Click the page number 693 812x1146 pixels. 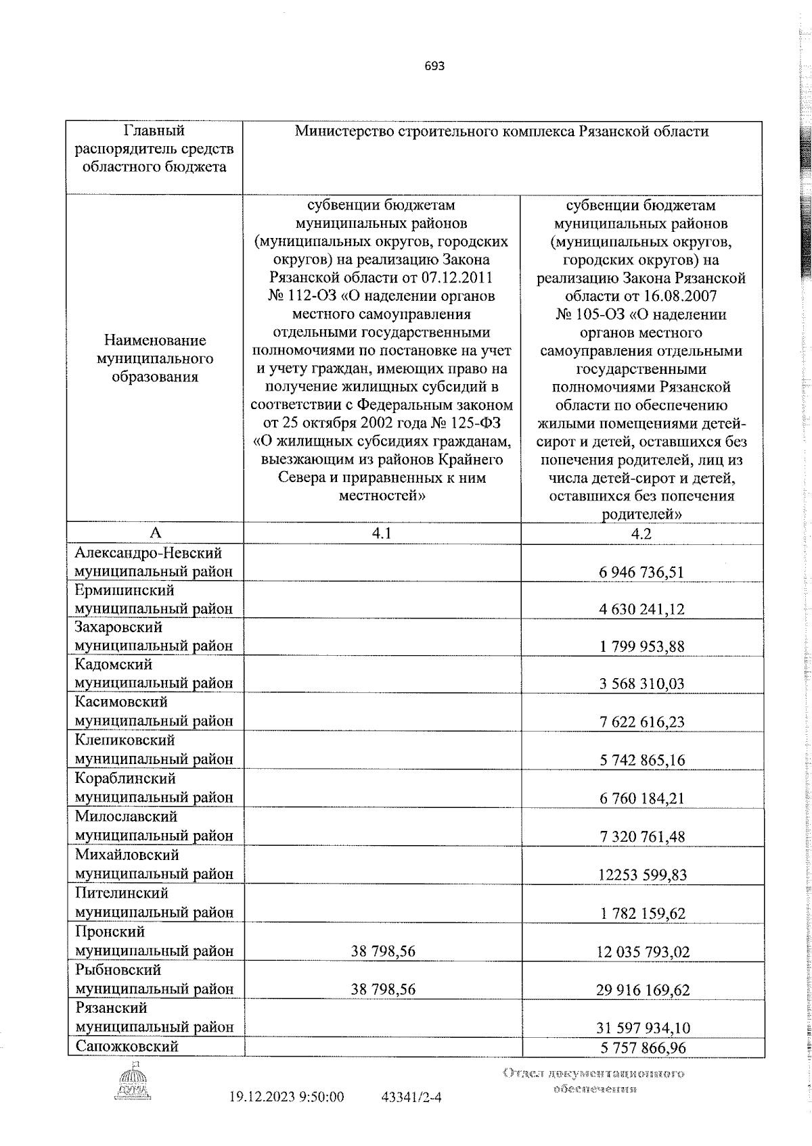pyautogui.click(x=434, y=66)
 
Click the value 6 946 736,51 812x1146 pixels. pyautogui.click(x=641, y=572)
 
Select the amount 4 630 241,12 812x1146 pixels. pyautogui.click(x=641, y=609)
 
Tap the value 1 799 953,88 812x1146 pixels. pyautogui.click(x=641, y=646)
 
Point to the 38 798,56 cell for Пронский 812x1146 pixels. pyautogui.click(x=383, y=951)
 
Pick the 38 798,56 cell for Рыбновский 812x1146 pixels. pyautogui.click(x=383, y=989)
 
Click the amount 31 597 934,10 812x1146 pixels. pyautogui.click(x=643, y=1028)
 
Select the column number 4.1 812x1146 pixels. pyautogui.click(x=382, y=533)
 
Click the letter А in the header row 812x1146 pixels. pyautogui.click(x=155, y=533)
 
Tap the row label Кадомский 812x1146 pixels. pyautogui.click(x=114, y=665)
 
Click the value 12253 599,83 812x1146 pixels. pyautogui.click(x=642, y=875)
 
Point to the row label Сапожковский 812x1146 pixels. pyautogui.click(x=127, y=1046)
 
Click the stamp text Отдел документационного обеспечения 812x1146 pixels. pyautogui.click(x=593, y=1080)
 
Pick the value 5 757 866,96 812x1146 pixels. pyautogui.click(x=642, y=1047)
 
